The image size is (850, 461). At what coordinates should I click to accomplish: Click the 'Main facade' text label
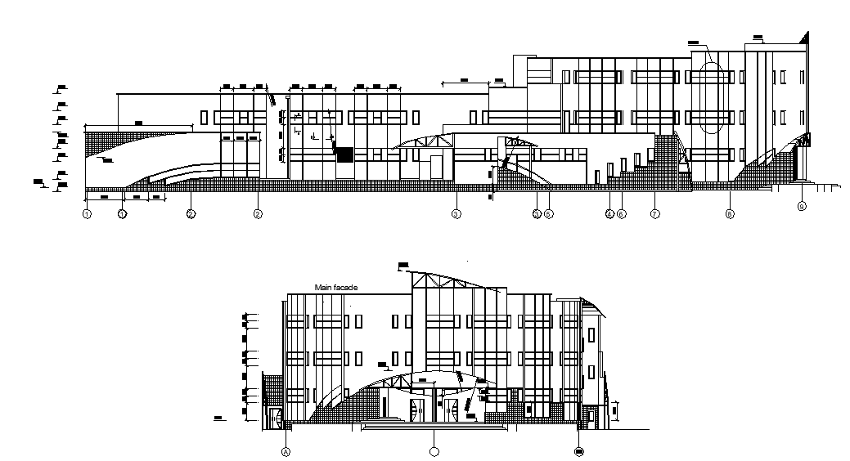coord(337,287)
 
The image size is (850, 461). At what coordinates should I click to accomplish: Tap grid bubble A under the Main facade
coord(286,450)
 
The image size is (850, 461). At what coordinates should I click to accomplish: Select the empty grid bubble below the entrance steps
coord(434,450)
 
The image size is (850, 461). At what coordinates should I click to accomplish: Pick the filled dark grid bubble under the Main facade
coord(579,450)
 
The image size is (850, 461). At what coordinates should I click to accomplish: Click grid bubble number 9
coord(802,207)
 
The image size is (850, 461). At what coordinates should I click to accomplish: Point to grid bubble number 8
coord(729,214)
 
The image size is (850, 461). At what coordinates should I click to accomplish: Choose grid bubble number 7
coord(654,214)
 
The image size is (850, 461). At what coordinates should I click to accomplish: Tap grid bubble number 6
coord(622,214)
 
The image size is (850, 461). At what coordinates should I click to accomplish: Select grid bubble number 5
coord(549,214)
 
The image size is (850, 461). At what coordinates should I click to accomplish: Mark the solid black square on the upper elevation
coord(345,154)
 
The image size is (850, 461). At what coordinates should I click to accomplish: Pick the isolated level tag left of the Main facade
coord(218,418)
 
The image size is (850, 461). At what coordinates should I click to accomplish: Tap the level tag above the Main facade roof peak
coord(403,263)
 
